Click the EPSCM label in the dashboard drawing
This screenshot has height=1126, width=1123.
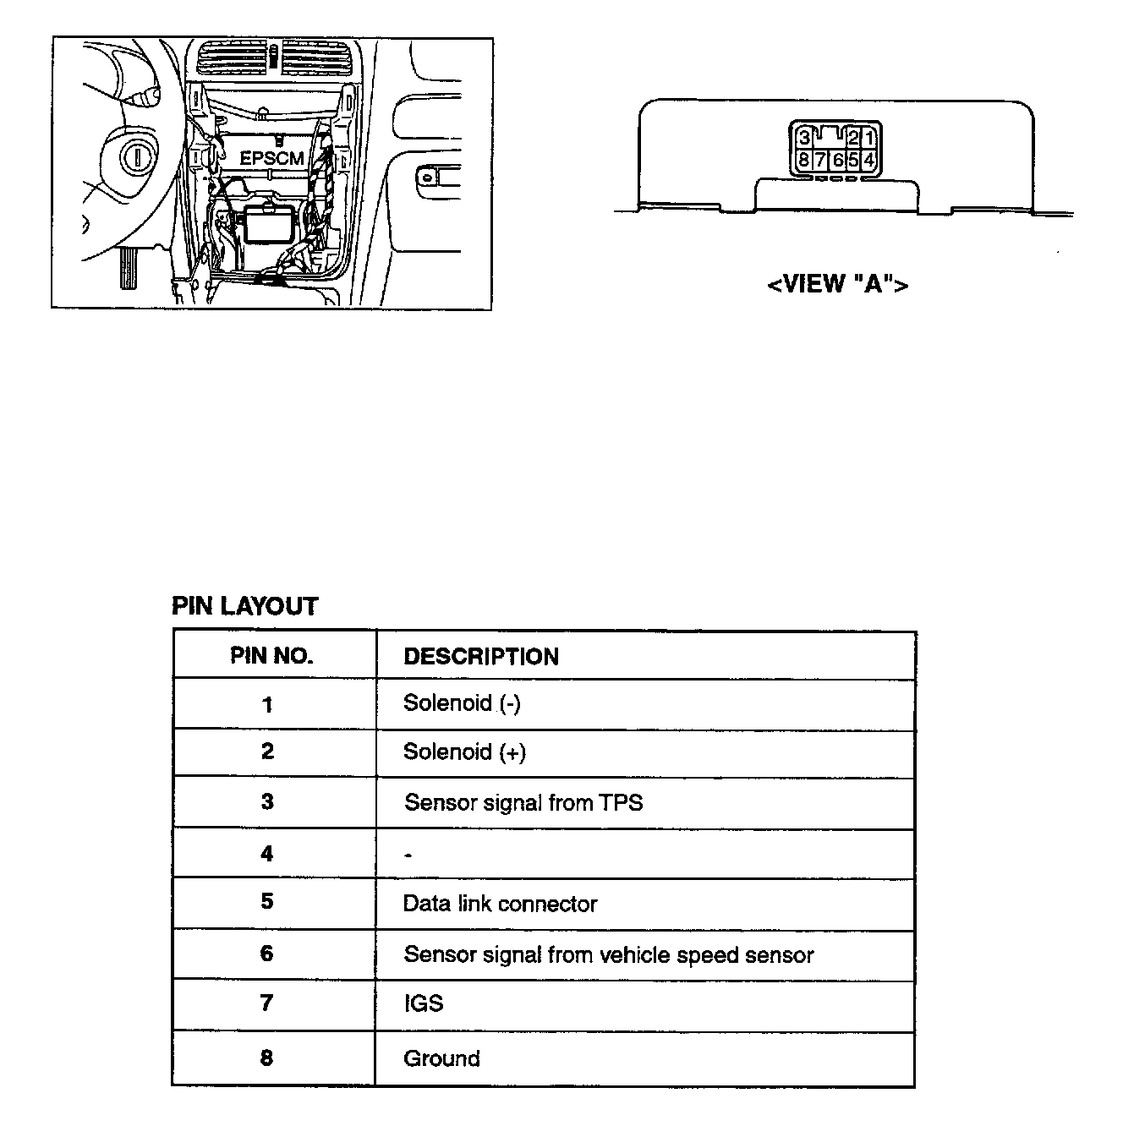(271, 158)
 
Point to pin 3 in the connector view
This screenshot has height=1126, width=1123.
(804, 138)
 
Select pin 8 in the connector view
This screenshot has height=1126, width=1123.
(803, 160)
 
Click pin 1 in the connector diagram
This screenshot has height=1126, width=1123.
(869, 138)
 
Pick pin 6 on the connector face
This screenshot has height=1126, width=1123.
(837, 160)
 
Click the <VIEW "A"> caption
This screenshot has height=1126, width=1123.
(837, 284)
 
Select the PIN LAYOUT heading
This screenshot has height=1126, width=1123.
(244, 606)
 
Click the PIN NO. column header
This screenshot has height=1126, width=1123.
(271, 656)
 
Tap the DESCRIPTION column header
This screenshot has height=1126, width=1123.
(480, 657)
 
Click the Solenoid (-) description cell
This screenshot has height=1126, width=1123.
(462, 703)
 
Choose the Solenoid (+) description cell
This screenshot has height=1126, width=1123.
(464, 752)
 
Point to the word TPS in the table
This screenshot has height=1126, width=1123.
(621, 802)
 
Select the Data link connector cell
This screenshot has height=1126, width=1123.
(500, 904)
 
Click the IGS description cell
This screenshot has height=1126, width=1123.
(423, 1003)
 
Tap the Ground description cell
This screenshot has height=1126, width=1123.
(441, 1058)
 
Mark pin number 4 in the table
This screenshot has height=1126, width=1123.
(267, 853)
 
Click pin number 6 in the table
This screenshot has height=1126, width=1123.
(267, 954)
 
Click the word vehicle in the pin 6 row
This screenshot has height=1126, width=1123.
(634, 955)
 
